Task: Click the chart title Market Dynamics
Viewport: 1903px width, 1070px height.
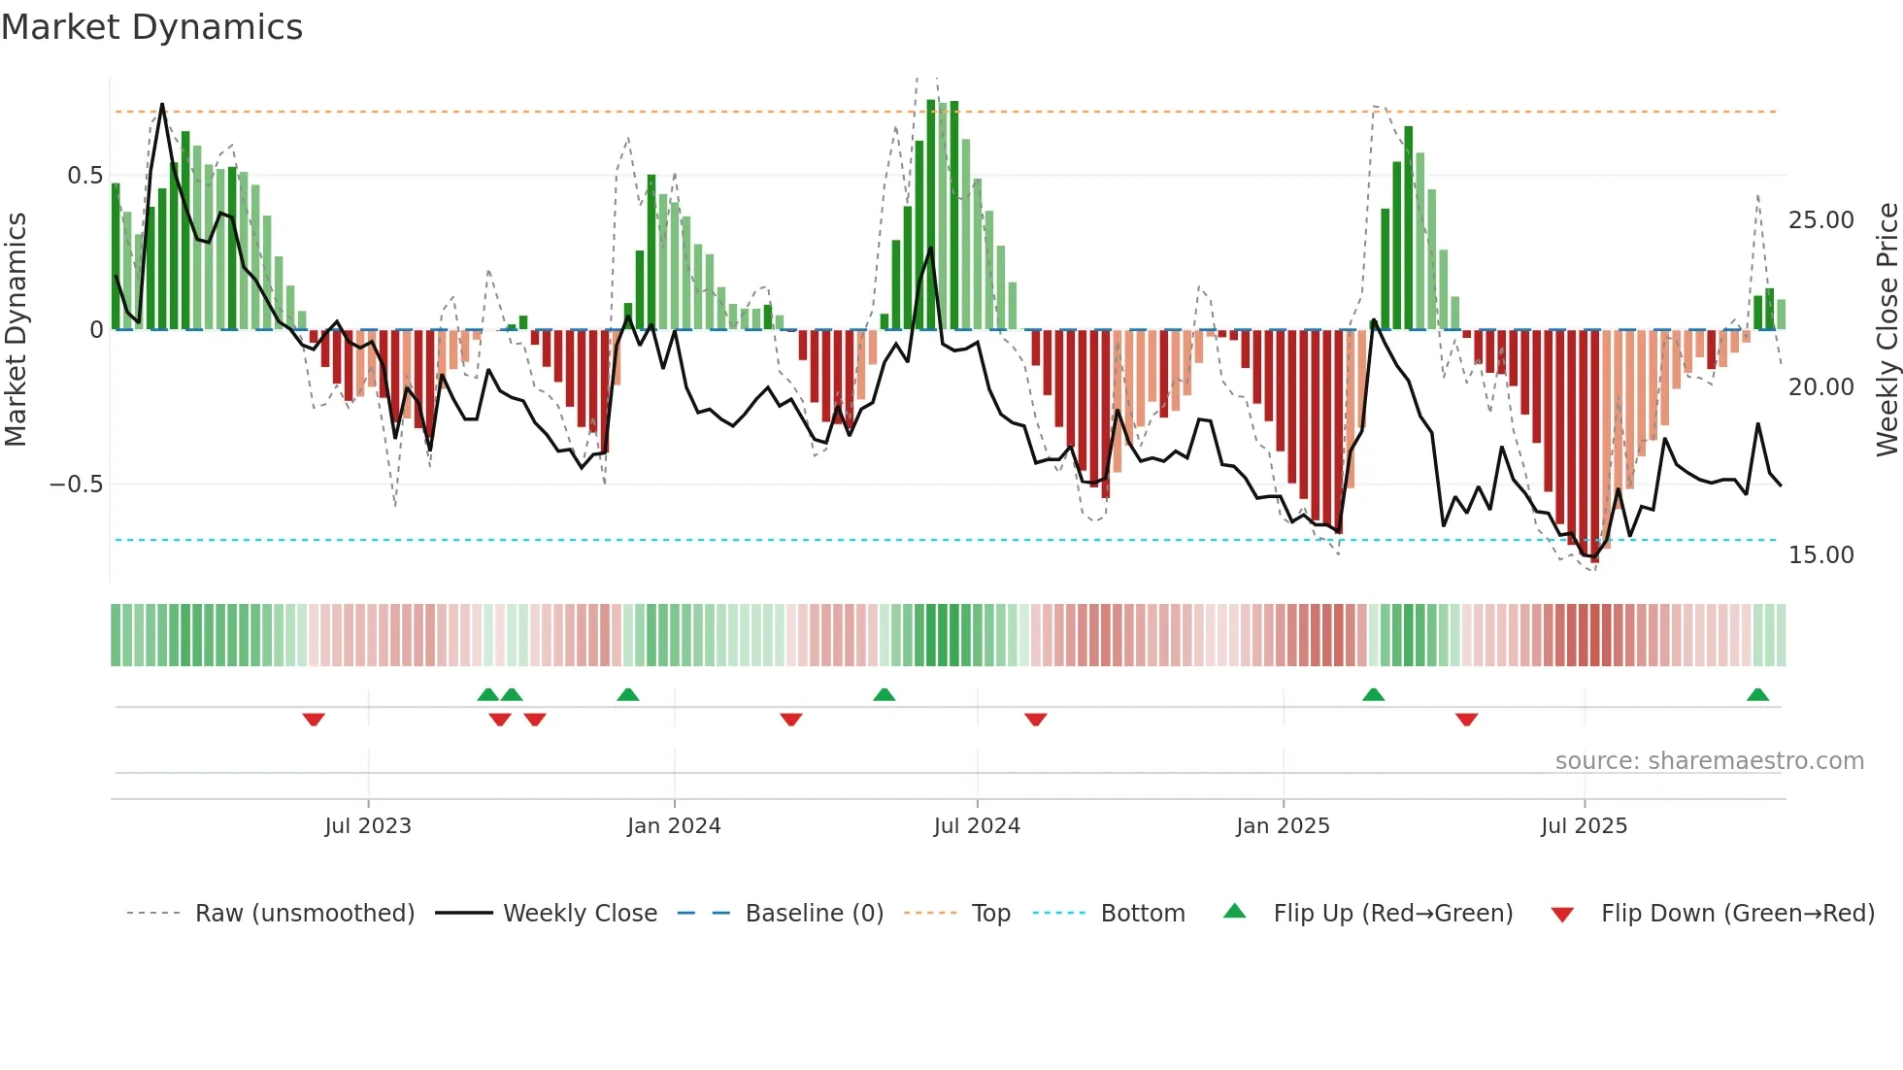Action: [151, 27]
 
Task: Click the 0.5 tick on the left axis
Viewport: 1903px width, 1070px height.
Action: [84, 176]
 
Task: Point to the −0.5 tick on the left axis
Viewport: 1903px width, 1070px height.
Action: [77, 485]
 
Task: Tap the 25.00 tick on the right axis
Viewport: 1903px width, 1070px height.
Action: [1820, 220]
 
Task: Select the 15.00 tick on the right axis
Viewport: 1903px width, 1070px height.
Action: [1820, 555]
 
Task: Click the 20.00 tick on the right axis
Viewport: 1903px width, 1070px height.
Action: [1820, 387]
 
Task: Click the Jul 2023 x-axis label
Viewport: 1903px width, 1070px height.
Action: [368, 826]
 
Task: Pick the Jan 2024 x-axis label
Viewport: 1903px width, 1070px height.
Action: [674, 826]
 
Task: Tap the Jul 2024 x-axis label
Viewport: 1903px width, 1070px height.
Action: [977, 826]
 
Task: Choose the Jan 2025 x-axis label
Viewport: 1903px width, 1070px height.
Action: [1283, 826]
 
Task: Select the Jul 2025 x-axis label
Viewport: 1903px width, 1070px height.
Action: [1584, 826]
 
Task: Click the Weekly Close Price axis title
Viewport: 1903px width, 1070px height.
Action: [1886, 330]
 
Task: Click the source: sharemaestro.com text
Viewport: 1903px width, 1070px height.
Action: [1709, 761]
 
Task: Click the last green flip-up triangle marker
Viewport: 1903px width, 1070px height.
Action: [1757, 695]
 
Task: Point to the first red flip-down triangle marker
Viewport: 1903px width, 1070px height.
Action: [313, 719]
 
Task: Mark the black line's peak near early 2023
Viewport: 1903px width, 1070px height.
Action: [162, 105]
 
